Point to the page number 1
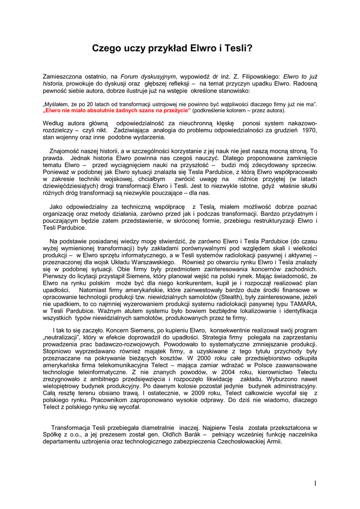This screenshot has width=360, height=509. coord(315,483)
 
